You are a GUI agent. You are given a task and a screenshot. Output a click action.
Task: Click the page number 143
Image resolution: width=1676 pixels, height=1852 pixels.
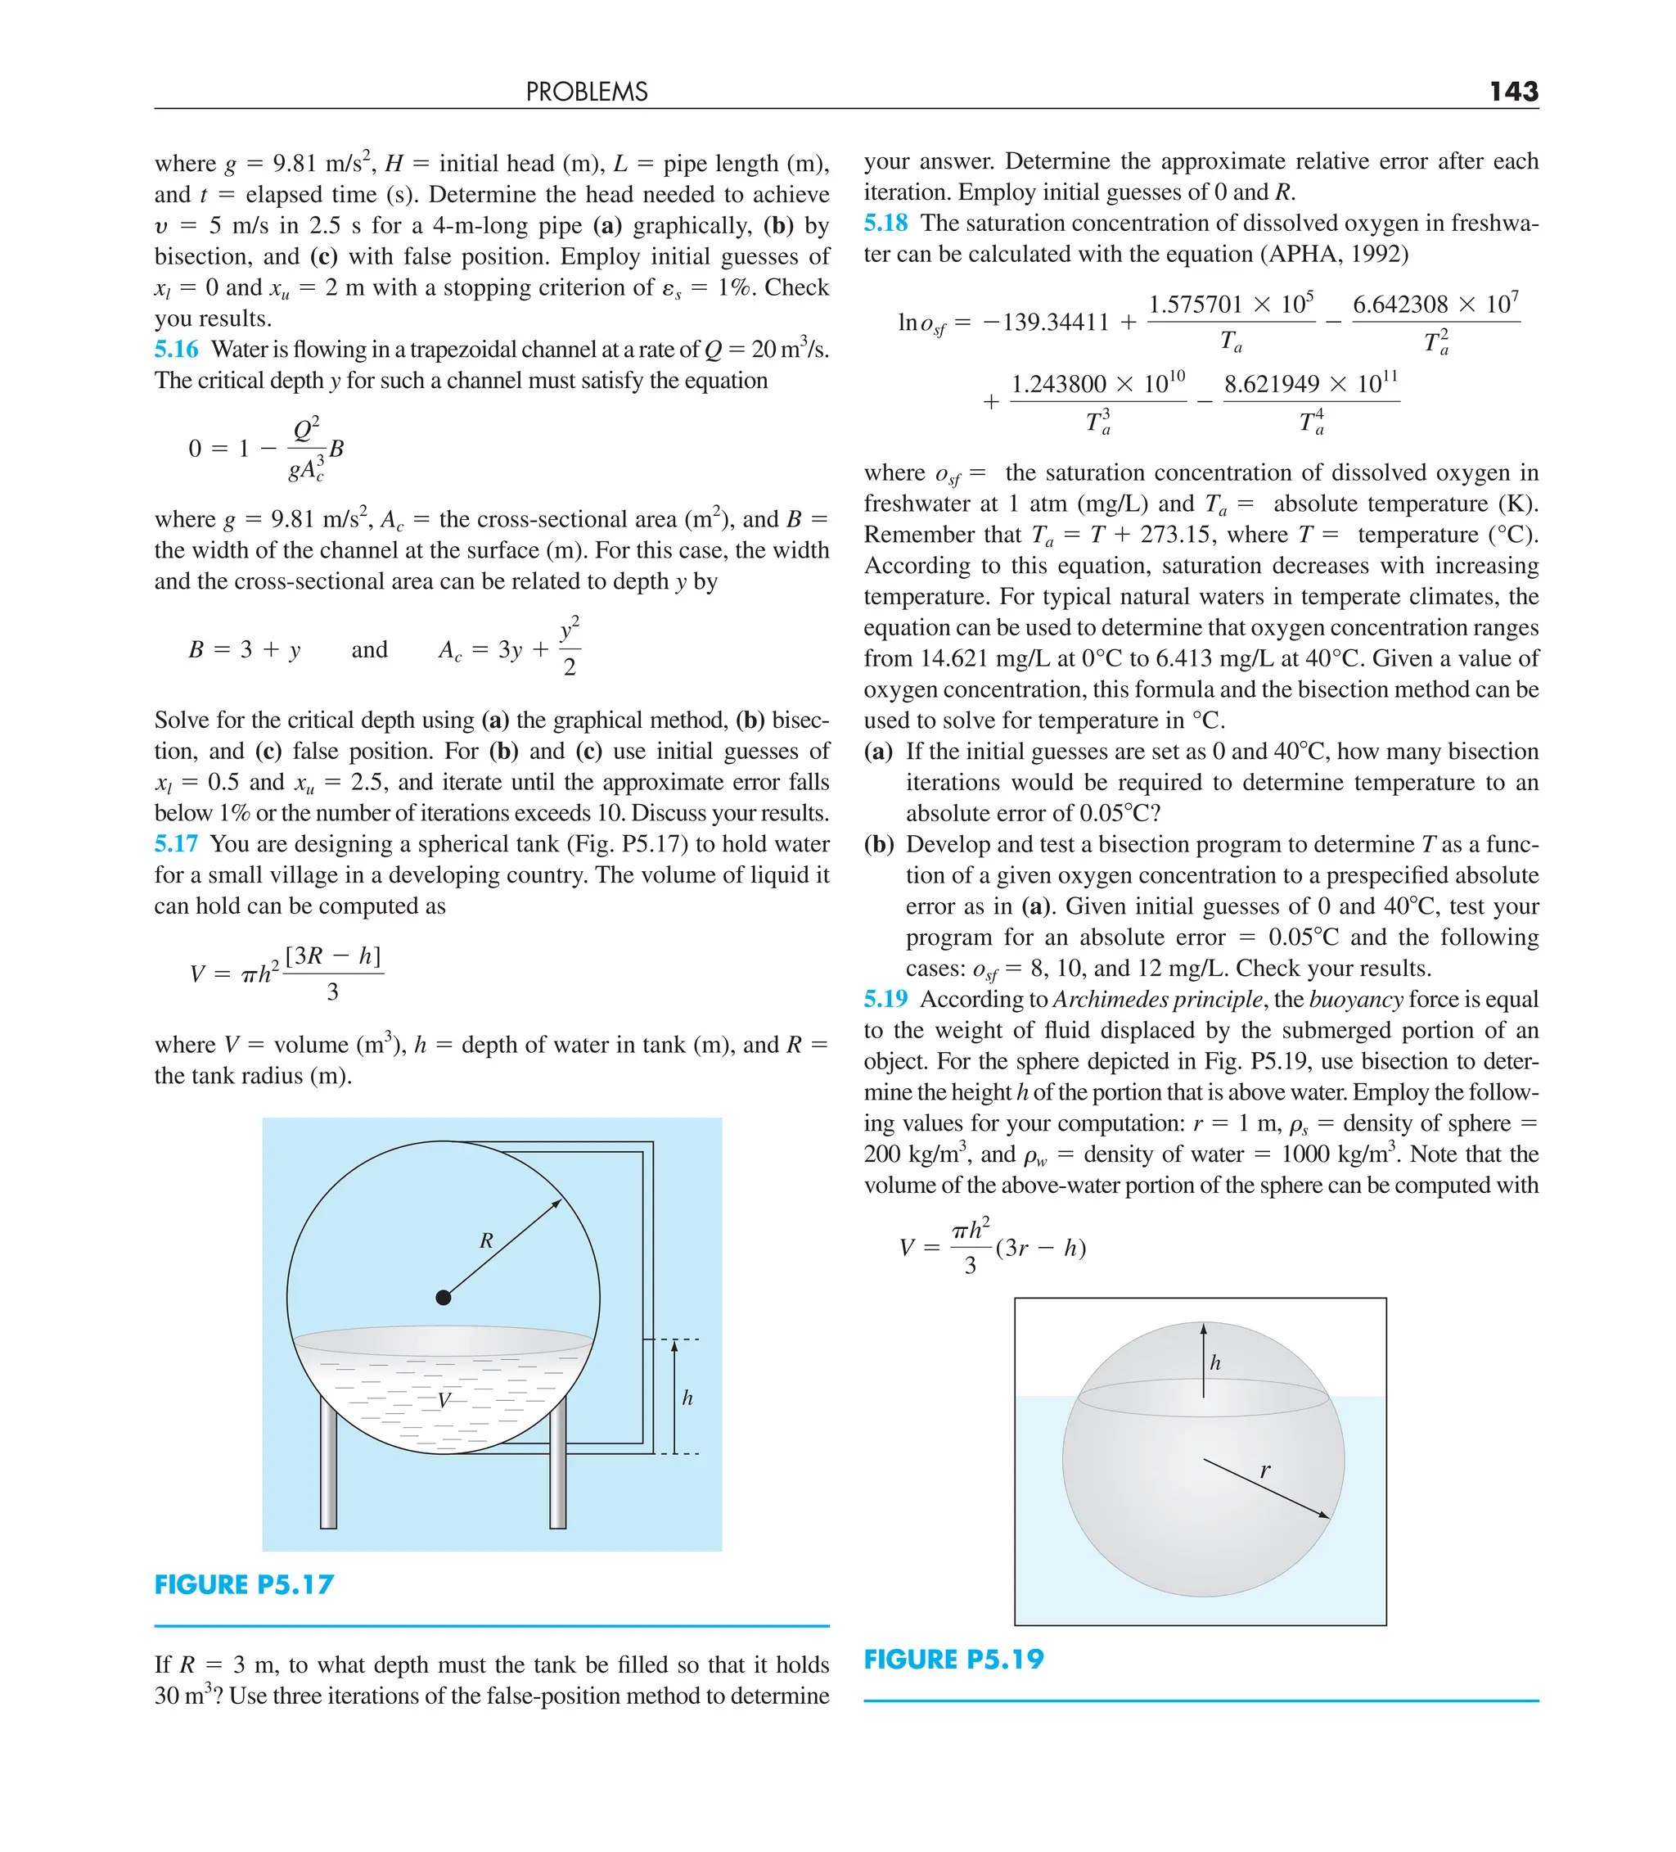(1512, 91)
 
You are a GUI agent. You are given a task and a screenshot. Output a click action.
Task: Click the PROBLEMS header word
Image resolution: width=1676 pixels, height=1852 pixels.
(586, 92)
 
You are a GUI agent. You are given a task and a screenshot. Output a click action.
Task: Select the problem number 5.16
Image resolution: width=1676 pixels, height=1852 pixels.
(176, 349)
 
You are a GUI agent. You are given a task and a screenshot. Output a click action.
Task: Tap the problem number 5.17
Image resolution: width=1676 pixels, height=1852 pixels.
(176, 843)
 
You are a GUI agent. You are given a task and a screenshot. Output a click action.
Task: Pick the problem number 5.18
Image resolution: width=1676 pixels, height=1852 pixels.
(885, 224)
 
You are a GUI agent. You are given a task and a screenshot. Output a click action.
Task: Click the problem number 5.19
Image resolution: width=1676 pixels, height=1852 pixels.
(885, 999)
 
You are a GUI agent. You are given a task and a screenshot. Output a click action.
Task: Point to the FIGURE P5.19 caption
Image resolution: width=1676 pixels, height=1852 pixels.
(953, 1659)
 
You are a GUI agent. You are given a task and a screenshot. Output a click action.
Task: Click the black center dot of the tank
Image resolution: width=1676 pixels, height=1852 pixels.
(444, 1297)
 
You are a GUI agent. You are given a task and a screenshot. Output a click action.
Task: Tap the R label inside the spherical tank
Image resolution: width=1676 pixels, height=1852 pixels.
(486, 1240)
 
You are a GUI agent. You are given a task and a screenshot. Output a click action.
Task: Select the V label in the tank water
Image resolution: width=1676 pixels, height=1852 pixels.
(444, 1400)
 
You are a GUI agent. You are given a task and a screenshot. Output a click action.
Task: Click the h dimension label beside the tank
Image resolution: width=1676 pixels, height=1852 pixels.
(687, 1398)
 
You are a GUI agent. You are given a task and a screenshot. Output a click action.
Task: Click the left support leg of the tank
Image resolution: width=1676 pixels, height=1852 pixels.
(329, 1470)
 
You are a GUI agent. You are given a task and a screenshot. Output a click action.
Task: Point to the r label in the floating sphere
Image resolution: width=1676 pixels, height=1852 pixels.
(1264, 1470)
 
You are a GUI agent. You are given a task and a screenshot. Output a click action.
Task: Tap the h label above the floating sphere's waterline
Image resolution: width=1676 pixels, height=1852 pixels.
(1215, 1363)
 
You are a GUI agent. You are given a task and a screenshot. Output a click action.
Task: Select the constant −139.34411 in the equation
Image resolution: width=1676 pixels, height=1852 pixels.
(1045, 323)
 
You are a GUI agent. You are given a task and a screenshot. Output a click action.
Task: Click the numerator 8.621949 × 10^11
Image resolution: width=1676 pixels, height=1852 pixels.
(1310, 383)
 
